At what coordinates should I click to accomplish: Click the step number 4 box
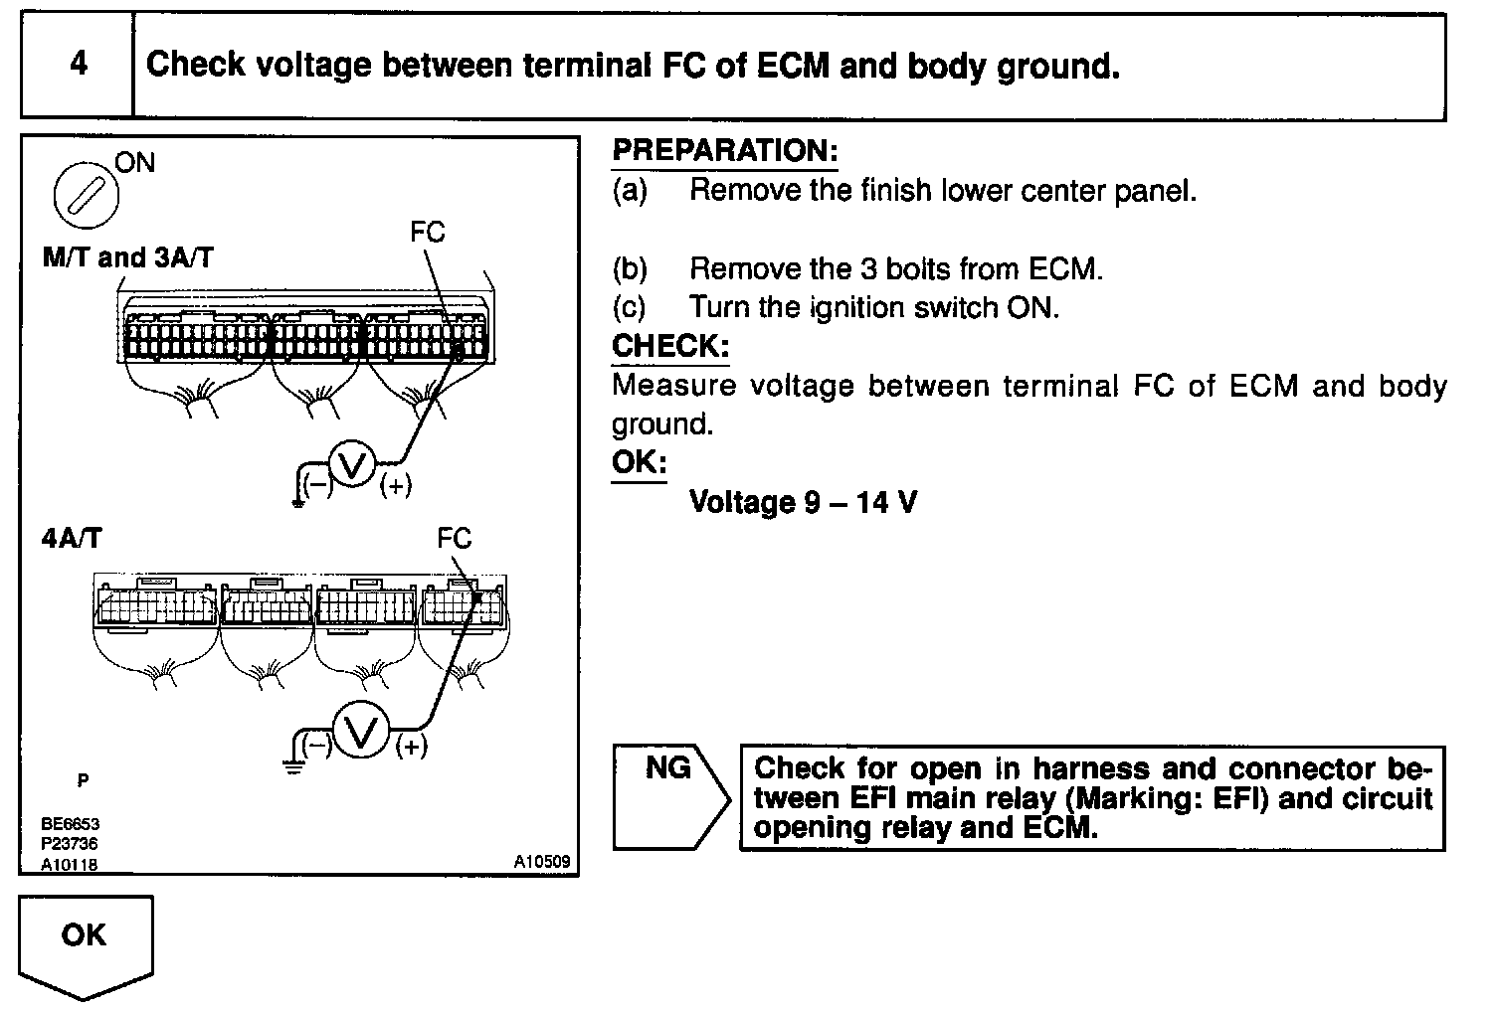(78, 66)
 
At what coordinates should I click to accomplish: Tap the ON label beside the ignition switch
(135, 162)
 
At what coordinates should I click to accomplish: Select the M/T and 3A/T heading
(127, 257)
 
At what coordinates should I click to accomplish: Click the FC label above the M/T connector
(427, 233)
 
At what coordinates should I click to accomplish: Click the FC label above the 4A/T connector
(454, 539)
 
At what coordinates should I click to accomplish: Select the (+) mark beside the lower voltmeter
(411, 747)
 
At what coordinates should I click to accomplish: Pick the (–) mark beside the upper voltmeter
(317, 485)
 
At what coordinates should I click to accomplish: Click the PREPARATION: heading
(724, 151)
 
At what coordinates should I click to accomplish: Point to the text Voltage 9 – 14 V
(803, 502)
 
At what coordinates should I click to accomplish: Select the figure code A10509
(541, 862)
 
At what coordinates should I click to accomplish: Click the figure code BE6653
(70, 824)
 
